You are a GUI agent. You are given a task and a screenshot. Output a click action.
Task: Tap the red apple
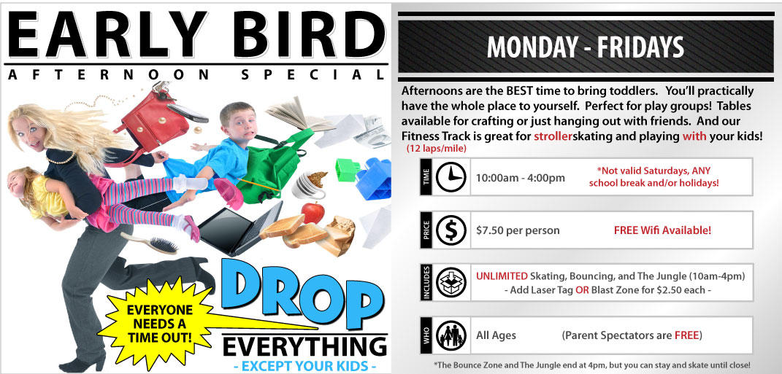click(313, 213)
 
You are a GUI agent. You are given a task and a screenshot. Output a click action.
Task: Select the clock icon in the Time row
click(451, 177)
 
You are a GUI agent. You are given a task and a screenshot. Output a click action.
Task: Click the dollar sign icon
click(451, 230)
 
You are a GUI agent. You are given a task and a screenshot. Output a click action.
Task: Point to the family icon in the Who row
click(451, 335)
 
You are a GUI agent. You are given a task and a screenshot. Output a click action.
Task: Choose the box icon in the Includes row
click(451, 282)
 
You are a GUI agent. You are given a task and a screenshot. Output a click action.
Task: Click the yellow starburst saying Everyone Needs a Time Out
click(157, 324)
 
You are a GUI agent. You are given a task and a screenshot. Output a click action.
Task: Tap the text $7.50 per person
click(518, 230)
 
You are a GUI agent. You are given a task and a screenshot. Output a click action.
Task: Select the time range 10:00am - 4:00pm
click(520, 178)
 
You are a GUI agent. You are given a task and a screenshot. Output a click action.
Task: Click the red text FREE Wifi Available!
click(662, 230)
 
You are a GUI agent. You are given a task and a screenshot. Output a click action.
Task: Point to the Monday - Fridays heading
click(586, 48)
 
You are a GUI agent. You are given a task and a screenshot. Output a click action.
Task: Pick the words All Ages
click(496, 335)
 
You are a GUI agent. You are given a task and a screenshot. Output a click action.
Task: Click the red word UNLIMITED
click(502, 276)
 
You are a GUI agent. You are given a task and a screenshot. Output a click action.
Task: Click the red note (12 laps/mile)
click(437, 149)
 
